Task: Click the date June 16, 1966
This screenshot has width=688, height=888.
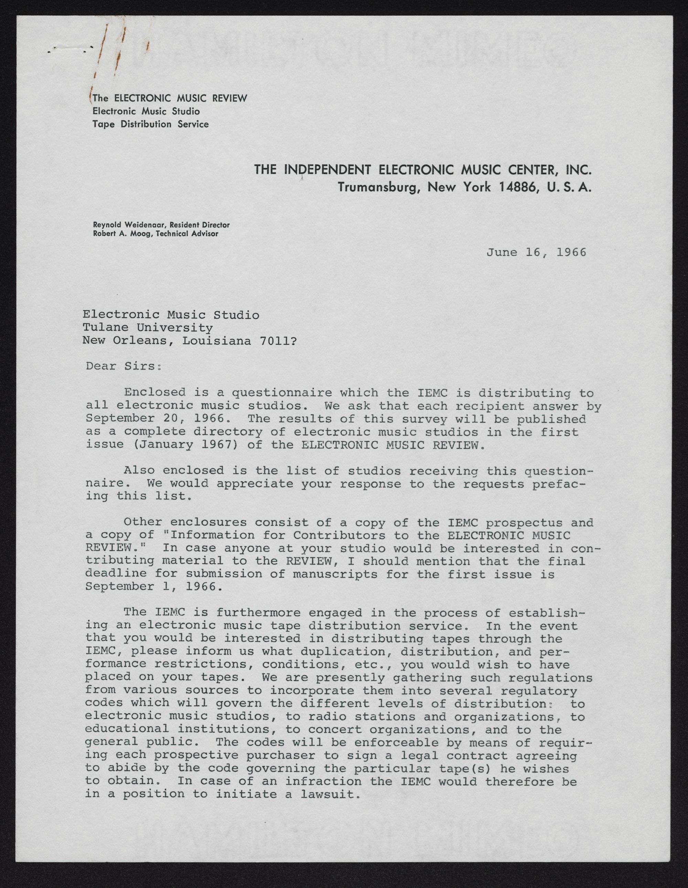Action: point(536,252)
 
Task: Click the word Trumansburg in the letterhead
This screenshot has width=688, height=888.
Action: point(376,187)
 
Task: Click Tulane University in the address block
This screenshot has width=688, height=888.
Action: point(147,327)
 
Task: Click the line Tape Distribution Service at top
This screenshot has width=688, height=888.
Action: point(151,124)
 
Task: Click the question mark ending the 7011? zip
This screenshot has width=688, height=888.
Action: point(294,341)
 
